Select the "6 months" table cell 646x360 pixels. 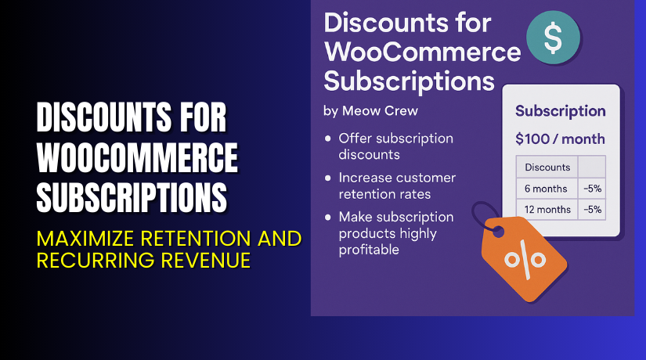(547, 188)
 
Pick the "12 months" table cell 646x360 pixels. (547, 209)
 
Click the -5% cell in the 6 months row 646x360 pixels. (592, 188)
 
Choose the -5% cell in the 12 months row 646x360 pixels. (592, 209)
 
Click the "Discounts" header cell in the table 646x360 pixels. (547, 167)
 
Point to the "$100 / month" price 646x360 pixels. (560, 139)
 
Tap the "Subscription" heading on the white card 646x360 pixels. (560, 110)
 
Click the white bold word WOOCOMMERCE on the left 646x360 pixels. (138, 158)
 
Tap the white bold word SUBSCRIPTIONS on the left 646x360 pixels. (133, 195)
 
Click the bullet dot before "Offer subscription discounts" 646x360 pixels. (327, 139)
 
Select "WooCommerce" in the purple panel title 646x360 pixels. (422, 51)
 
